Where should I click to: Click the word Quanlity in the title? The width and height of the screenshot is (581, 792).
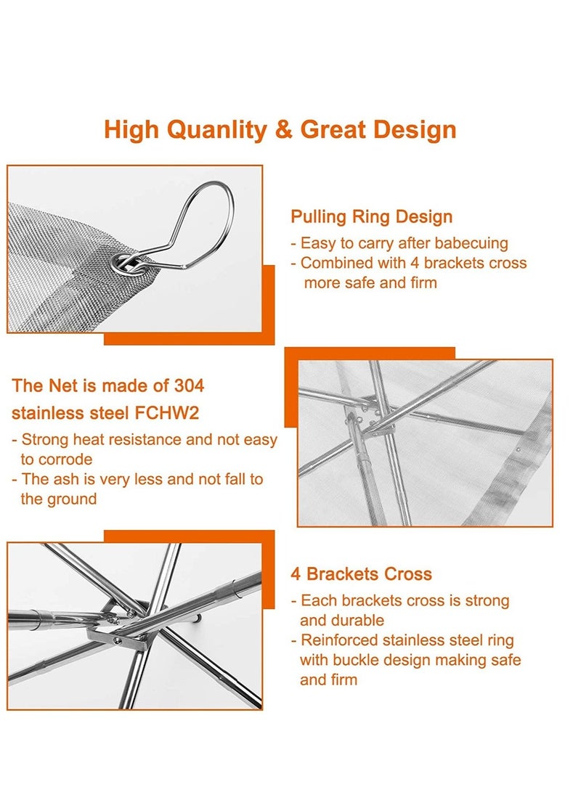point(216,130)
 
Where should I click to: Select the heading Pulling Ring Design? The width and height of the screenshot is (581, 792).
point(371,216)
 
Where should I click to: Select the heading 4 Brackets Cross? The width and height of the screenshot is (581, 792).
point(361,574)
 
